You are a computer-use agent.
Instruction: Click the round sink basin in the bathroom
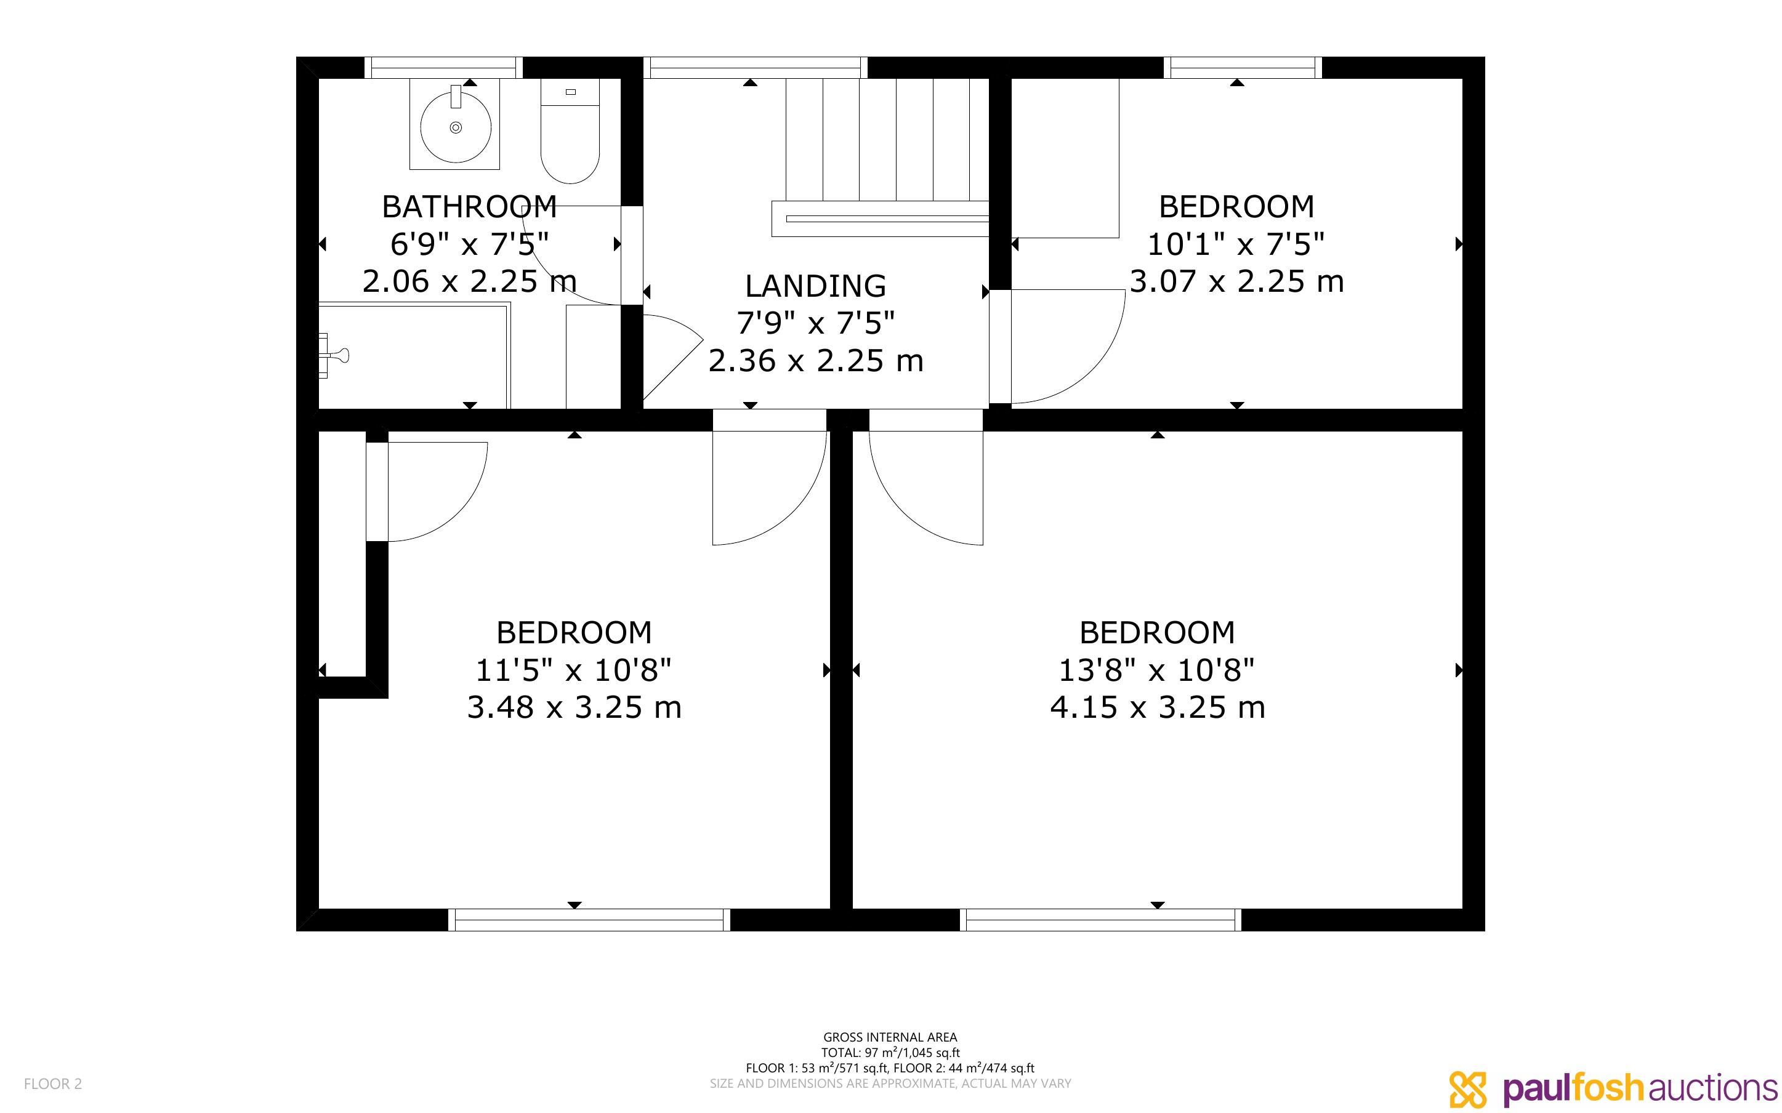point(456,127)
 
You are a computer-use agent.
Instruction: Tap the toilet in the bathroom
point(570,131)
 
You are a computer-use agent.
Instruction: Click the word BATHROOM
point(470,207)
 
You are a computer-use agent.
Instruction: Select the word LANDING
point(815,286)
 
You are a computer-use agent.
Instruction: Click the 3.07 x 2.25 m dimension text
point(1236,281)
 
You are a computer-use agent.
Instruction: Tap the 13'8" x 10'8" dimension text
point(1157,670)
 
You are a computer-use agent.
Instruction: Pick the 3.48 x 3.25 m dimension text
point(574,707)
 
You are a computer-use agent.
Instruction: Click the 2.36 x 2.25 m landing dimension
point(815,361)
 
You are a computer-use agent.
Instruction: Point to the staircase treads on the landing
point(887,139)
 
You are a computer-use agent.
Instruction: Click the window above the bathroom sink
point(443,68)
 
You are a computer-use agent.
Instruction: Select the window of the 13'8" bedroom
point(1100,920)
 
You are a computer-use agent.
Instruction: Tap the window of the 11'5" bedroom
point(589,920)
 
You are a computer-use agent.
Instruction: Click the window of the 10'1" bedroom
point(1243,68)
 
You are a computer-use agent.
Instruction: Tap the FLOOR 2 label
point(53,1083)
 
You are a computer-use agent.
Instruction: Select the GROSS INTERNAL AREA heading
point(890,1037)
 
